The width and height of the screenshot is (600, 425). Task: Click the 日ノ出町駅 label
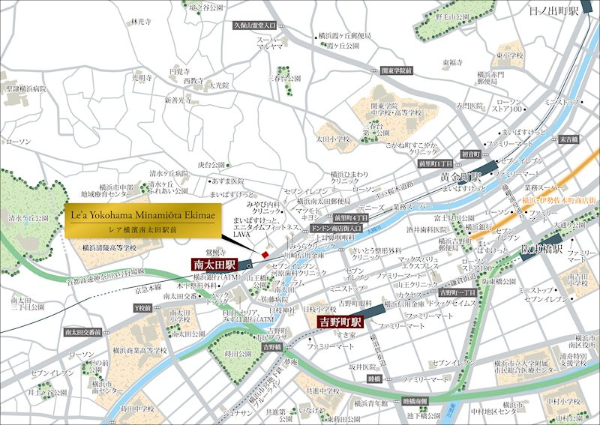click(x=556, y=11)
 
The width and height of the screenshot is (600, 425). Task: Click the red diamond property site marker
click(x=264, y=256)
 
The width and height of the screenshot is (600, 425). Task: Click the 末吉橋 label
click(x=568, y=139)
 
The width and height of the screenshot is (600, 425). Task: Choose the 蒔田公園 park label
click(x=236, y=353)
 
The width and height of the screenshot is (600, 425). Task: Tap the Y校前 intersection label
click(x=142, y=307)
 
